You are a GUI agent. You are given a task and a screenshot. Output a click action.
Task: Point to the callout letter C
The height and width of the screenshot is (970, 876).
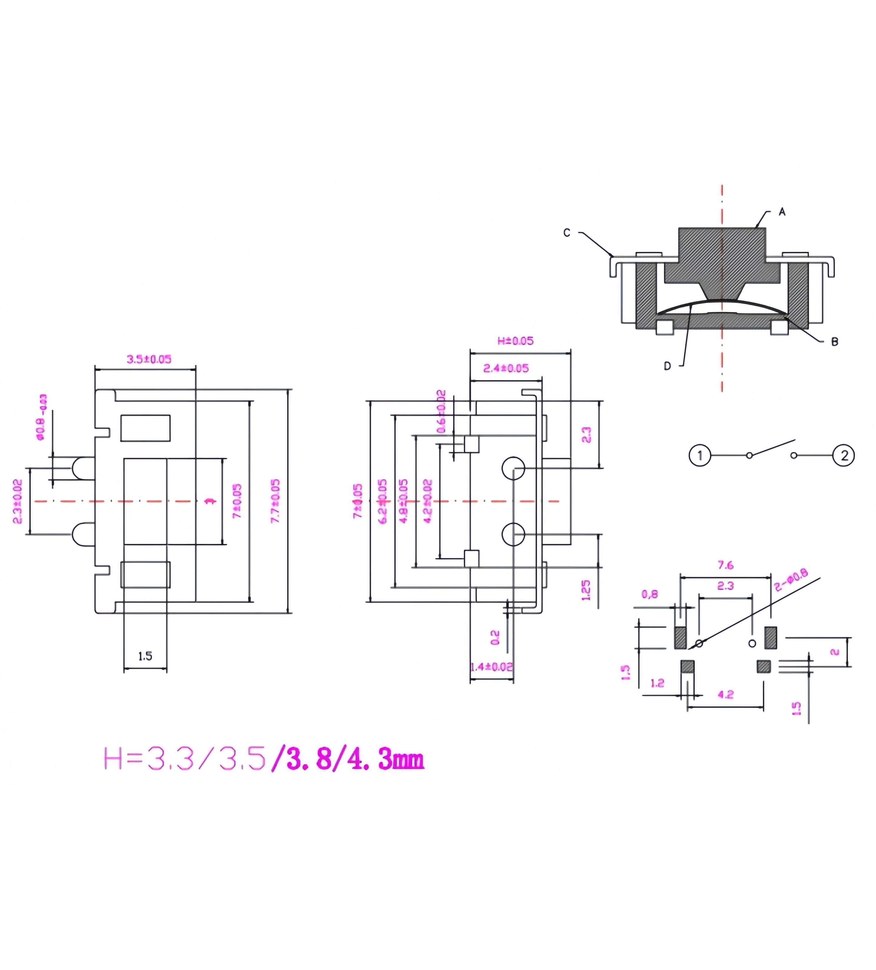(567, 233)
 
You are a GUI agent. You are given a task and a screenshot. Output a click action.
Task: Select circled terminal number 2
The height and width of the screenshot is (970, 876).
(844, 455)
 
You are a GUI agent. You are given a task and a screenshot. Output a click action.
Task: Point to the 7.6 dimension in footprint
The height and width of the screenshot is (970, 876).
(725, 565)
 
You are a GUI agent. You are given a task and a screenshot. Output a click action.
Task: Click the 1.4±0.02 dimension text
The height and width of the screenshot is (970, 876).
(491, 667)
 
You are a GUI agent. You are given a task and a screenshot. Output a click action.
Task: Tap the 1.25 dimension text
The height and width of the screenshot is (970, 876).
(586, 590)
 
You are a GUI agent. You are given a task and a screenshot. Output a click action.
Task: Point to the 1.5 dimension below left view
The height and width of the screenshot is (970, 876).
(145, 656)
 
